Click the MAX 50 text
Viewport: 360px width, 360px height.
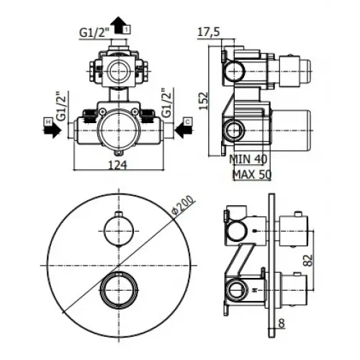pyautogui.click(x=251, y=175)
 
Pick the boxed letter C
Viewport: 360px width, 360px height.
pyautogui.click(x=186, y=121)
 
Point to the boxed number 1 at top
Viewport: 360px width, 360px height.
pyautogui.click(x=127, y=28)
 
